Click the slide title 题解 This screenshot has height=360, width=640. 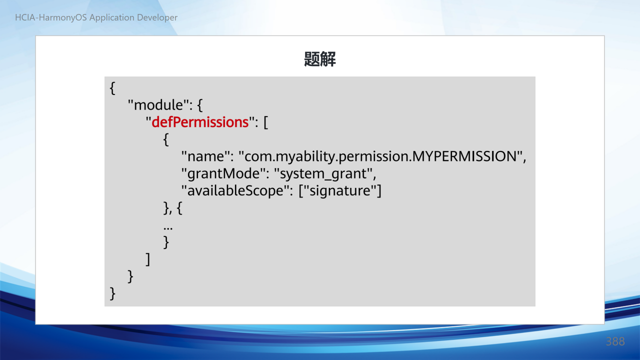pos(319,59)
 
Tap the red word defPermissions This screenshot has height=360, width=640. pos(200,122)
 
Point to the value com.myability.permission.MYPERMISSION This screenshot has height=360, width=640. pos(381,156)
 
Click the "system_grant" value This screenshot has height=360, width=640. pos(323,173)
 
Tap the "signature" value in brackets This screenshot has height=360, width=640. pos(340,191)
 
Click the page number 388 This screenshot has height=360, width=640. pos(615,341)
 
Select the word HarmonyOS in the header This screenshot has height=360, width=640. pos(62,17)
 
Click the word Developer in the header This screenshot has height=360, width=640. pos(157,17)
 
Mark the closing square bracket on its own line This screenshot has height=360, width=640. pos(147,259)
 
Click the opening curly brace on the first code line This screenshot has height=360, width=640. pos(112,88)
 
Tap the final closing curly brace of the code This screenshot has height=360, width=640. pos(112,293)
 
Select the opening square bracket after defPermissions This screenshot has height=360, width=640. pos(265,122)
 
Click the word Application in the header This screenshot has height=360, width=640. pos(111,17)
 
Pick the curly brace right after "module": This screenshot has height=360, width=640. pos(199,105)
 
